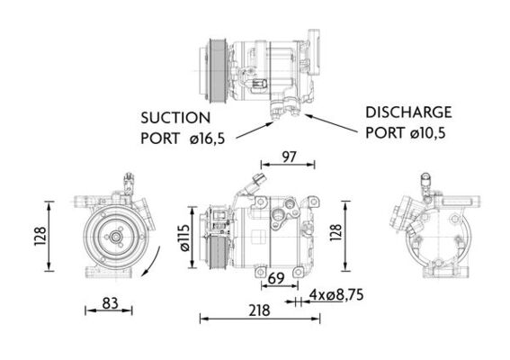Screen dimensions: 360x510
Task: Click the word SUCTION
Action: [175, 117]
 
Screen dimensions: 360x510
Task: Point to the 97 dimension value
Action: [288, 157]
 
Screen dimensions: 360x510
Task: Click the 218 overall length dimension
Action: [260, 310]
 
